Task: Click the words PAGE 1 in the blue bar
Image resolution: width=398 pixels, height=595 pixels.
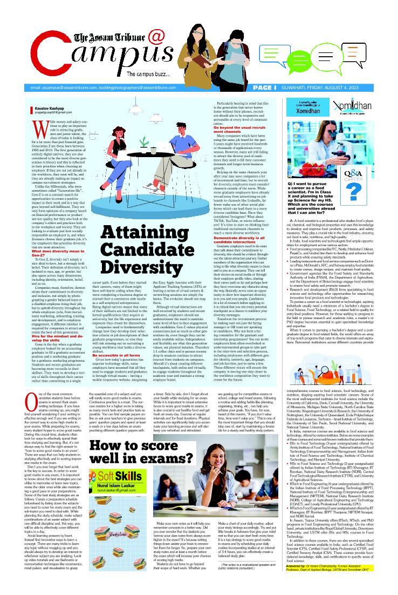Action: (x=264, y=87)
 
